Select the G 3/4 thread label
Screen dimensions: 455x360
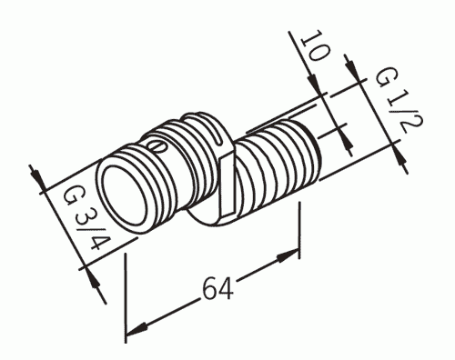[x=87, y=218]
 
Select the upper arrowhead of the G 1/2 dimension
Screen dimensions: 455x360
[x=352, y=68]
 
